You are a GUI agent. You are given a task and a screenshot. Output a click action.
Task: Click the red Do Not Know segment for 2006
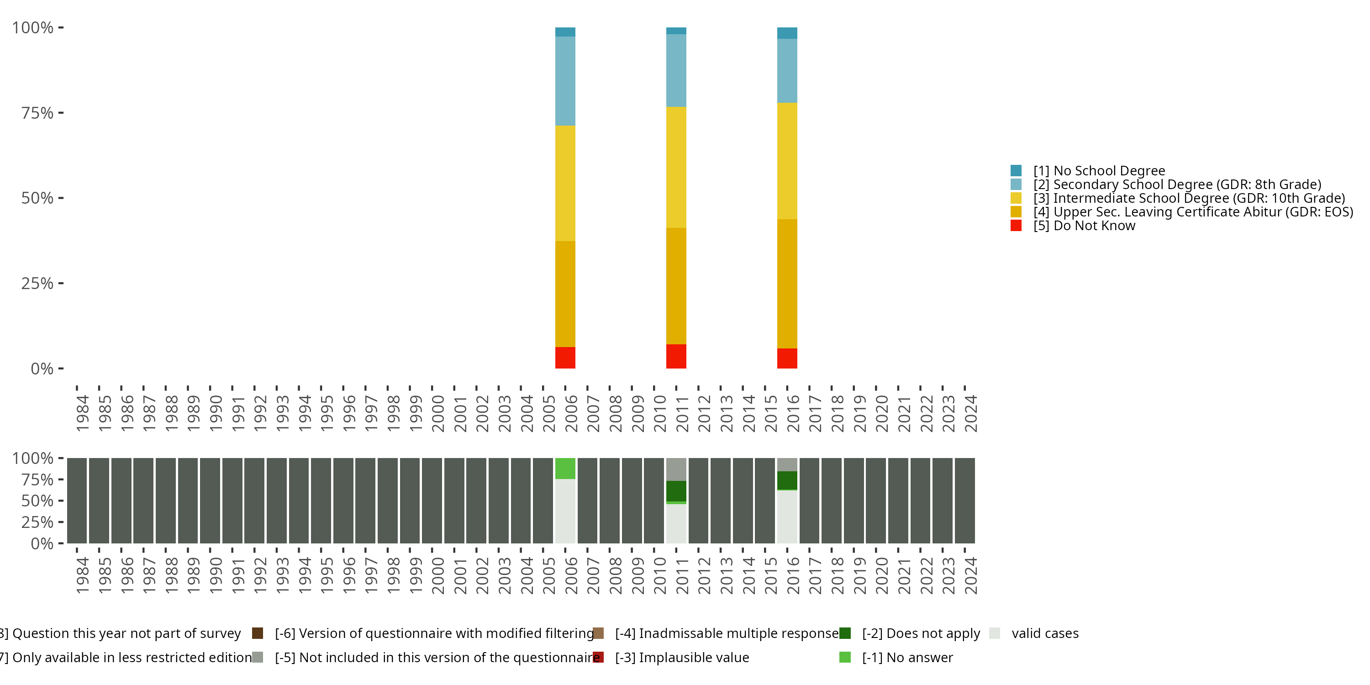click(565, 358)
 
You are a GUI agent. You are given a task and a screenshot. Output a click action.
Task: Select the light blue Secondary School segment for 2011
click(676, 70)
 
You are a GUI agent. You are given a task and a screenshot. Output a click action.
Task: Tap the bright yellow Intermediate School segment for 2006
click(565, 183)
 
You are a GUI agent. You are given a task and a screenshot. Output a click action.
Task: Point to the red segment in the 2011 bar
click(676, 356)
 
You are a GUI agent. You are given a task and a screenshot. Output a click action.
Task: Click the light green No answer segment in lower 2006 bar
click(565, 469)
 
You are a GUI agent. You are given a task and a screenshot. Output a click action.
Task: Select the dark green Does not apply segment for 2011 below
click(676, 491)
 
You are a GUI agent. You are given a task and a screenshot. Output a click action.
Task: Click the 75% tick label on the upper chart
click(37, 113)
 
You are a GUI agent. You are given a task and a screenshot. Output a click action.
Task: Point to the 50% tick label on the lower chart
click(37, 501)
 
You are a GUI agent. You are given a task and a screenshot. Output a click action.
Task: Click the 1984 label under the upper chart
click(83, 413)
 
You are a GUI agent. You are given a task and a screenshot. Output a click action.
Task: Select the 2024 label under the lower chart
click(970, 575)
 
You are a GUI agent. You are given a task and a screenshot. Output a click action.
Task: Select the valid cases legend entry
click(1044, 633)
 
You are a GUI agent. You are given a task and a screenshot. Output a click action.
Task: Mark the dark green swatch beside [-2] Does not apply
click(845, 633)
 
